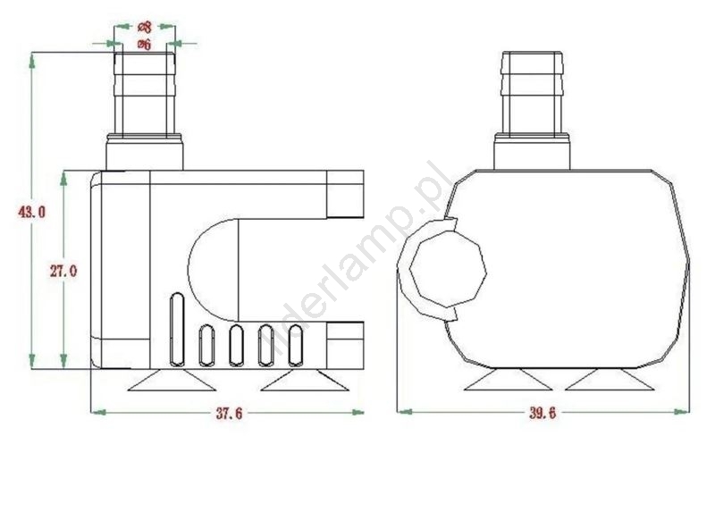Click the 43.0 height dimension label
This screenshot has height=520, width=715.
click(x=32, y=212)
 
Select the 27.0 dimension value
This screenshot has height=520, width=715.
click(x=63, y=272)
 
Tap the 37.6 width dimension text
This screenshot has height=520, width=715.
click(x=230, y=414)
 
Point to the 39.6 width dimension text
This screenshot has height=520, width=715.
click(x=543, y=413)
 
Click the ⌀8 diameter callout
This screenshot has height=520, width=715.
click(x=144, y=28)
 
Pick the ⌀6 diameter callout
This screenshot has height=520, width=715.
click(x=144, y=45)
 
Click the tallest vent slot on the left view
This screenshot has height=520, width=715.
click(x=177, y=329)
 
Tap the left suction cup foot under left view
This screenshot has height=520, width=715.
click(x=172, y=380)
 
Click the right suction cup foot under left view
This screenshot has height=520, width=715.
click(x=305, y=380)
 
